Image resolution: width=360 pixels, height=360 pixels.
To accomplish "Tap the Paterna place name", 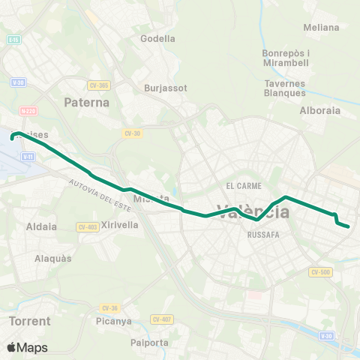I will [87, 102].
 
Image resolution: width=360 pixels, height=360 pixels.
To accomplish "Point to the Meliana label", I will [322, 28].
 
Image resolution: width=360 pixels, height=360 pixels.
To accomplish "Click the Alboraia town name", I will [320, 110].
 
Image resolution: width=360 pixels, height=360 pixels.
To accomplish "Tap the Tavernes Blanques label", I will [285, 88].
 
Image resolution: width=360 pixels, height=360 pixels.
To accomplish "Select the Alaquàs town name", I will [53, 258].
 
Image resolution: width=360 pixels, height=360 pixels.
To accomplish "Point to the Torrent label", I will [31, 321].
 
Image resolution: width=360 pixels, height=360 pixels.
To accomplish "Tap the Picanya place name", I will [114, 322].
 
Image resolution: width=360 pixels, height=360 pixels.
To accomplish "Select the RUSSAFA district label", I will [263, 234].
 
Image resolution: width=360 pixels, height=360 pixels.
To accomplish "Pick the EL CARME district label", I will [241, 185].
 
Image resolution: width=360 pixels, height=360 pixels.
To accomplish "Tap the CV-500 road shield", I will [320, 272].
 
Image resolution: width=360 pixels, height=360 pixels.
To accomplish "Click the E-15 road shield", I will [15, 39].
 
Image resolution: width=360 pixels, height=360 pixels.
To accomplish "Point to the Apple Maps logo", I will [27, 347].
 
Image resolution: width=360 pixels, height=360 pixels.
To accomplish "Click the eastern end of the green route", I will [349, 225].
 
